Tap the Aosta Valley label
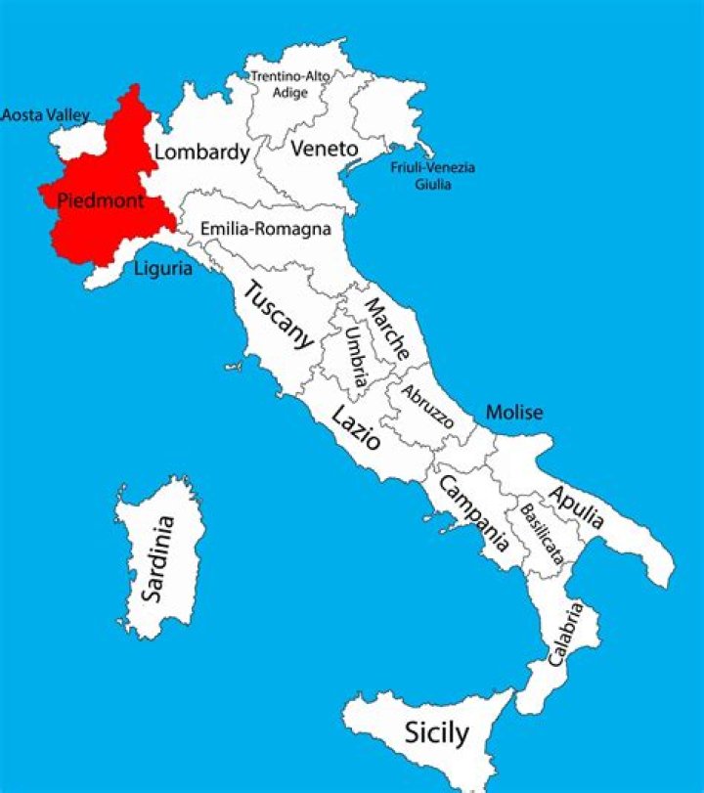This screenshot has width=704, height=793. click(x=45, y=115)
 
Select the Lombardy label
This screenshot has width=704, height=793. click(x=202, y=153)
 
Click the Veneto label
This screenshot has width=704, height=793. click(x=324, y=149)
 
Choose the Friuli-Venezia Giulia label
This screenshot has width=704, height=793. click(x=433, y=175)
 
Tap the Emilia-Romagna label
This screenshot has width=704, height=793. click(x=265, y=229)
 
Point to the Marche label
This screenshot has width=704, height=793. click(x=387, y=329)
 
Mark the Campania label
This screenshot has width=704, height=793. click(x=473, y=512)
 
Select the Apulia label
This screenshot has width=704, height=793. click(x=576, y=507)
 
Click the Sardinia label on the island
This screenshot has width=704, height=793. click(x=157, y=558)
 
